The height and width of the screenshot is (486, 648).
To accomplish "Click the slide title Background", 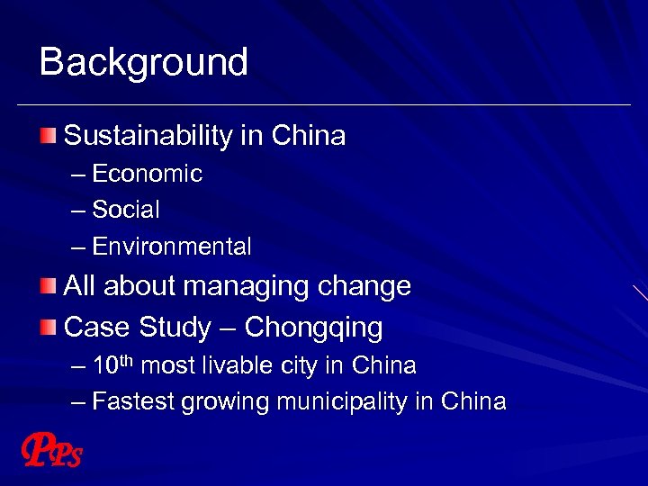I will tap(144, 63).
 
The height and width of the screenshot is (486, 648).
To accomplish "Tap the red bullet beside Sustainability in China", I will tap(48, 136).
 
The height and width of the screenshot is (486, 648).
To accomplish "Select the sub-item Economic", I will tap(147, 174).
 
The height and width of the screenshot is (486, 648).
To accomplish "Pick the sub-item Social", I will tap(126, 211).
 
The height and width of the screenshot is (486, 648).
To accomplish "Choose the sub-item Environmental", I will tap(172, 247).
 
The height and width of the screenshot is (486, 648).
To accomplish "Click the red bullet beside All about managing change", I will tap(48, 287).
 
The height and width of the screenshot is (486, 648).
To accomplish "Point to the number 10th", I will tap(113, 365).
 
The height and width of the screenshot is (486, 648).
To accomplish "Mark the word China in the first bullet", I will tap(309, 137).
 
